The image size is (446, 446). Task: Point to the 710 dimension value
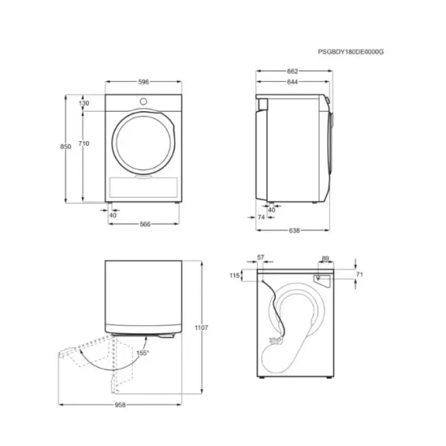[x=84, y=144]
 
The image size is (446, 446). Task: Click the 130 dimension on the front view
[x=84, y=104]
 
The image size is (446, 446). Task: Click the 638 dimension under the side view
[x=294, y=231]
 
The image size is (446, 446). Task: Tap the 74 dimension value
[x=261, y=218]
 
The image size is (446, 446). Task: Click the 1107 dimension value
[x=202, y=328]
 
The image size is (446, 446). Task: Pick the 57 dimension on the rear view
[x=260, y=257]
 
